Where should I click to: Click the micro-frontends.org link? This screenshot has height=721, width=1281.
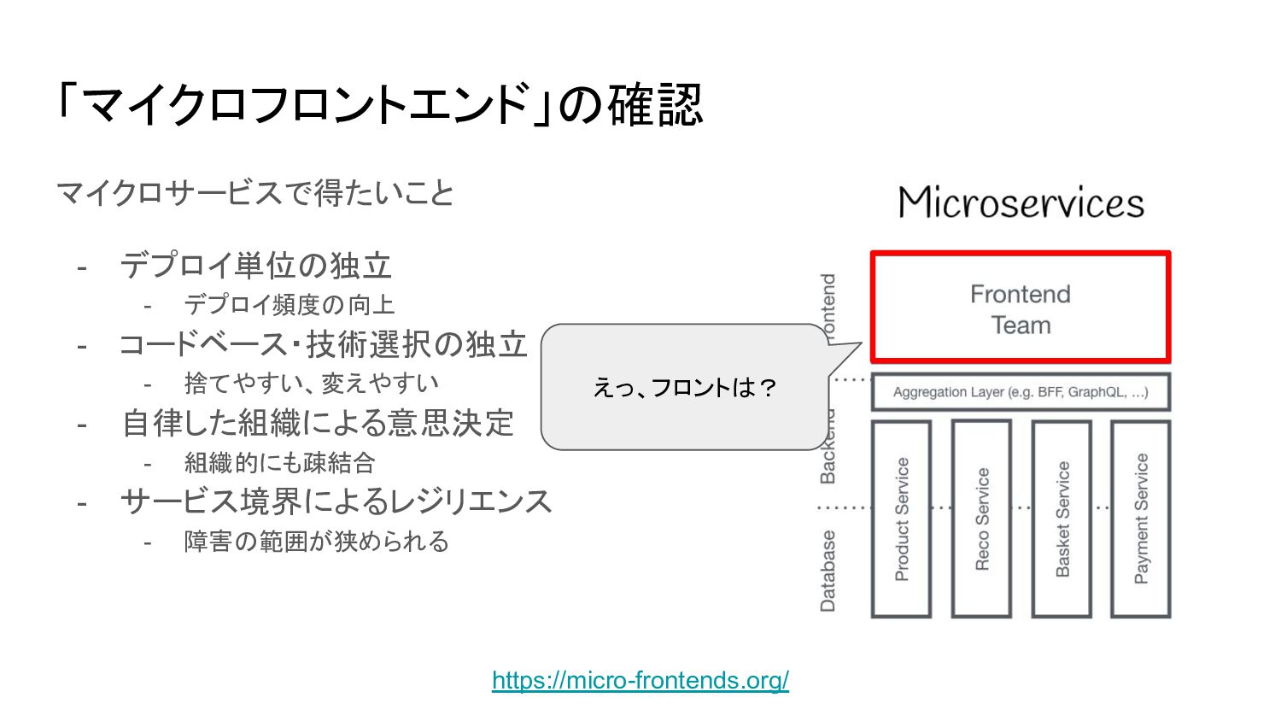(640, 680)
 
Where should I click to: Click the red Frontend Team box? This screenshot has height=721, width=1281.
(1021, 308)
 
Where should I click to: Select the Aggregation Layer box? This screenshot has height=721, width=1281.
(1021, 392)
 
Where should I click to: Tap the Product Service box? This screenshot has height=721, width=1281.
(901, 519)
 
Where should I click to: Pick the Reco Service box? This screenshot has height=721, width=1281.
(981, 519)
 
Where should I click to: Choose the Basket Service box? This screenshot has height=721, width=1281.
(1062, 519)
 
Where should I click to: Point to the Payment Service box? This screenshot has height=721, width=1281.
(1141, 519)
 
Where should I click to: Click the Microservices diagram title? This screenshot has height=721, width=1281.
(1021, 203)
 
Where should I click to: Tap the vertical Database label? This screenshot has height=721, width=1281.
(828, 571)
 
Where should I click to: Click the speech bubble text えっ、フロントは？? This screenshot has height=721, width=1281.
(685, 388)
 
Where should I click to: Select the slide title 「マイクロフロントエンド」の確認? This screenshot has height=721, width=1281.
(379, 104)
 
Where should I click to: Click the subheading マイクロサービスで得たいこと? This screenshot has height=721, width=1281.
(254, 193)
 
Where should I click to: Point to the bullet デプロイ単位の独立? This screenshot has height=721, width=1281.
(255, 266)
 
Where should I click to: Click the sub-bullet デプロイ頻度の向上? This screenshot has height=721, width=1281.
(290, 305)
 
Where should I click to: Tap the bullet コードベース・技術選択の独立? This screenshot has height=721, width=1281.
(323, 344)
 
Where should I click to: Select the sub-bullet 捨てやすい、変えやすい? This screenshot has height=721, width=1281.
(311, 384)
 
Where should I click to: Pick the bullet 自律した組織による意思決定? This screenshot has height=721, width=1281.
(318, 423)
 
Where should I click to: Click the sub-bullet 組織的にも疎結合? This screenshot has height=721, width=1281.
(279, 462)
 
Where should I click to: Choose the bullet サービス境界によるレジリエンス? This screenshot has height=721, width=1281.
(336, 501)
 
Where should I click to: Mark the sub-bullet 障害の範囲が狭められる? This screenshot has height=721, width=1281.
(316, 541)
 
